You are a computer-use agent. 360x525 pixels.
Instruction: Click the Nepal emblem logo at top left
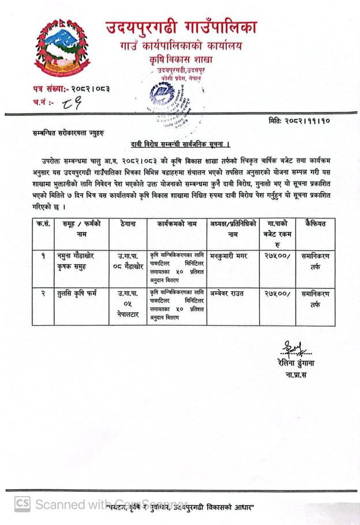click(62, 49)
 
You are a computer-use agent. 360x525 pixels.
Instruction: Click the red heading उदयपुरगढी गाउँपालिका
click(181, 27)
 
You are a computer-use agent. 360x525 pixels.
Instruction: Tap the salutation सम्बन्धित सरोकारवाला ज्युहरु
click(65, 133)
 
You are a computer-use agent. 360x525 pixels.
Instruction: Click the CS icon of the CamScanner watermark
click(22, 503)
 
